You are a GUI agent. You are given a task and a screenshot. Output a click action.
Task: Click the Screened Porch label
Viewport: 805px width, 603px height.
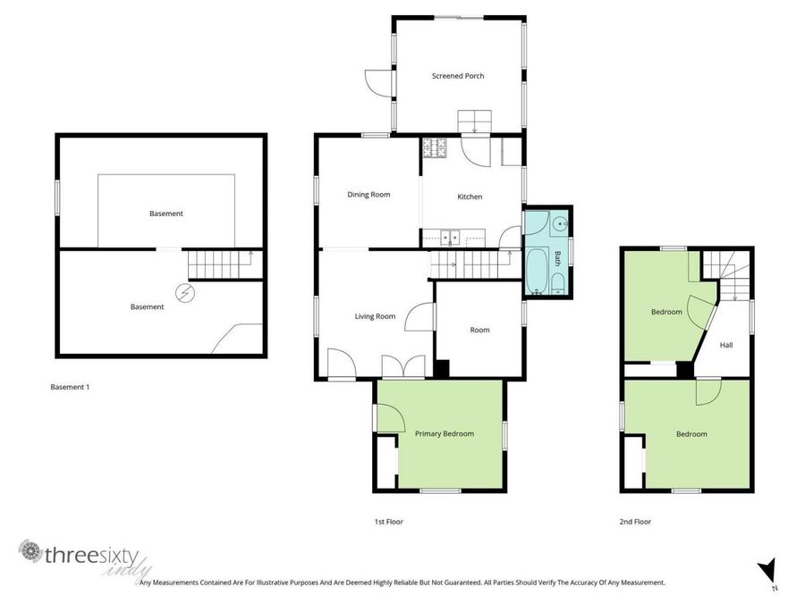coord(458,76)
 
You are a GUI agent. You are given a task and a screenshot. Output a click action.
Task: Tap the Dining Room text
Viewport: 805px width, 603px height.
coord(369,195)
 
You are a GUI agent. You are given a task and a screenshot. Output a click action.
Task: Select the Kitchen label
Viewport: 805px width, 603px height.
coord(470,197)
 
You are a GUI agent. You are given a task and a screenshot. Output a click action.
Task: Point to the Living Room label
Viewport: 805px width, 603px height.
coord(375,316)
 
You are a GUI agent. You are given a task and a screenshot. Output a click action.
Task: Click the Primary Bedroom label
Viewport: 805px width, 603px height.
coord(444,434)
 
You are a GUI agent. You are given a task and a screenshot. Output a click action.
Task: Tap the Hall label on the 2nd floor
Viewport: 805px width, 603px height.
coord(726,345)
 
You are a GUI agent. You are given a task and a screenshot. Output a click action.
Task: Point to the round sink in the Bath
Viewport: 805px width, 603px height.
coord(559,224)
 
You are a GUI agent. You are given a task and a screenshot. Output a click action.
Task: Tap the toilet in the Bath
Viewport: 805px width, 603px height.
coord(558,285)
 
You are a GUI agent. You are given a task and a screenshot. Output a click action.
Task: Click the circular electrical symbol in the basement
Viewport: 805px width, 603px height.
coord(186,292)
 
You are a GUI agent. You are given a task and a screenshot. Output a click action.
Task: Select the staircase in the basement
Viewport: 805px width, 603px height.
coord(220,265)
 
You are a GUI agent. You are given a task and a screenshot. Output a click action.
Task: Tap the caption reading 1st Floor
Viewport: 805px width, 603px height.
coord(388,521)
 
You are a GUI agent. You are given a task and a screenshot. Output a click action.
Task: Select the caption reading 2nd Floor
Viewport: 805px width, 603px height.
coord(635,521)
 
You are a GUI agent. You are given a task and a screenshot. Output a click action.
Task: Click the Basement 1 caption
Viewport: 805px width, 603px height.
coord(70,388)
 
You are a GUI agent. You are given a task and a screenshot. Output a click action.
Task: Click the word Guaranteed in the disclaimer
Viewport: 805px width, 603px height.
coord(462,582)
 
